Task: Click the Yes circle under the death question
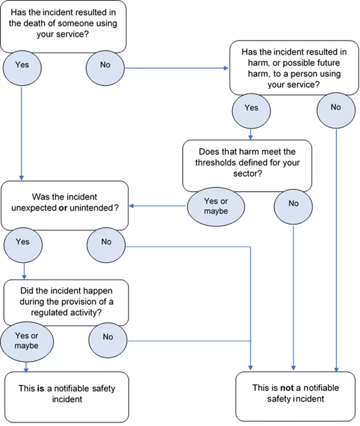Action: point(22,66)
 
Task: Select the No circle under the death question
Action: point(105,66)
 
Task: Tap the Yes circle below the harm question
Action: point(251,108)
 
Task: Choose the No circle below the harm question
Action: point(336,108)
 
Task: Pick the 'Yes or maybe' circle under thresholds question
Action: point(216,206)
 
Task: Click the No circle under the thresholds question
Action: point(294,204)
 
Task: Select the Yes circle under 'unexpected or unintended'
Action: point(22,243)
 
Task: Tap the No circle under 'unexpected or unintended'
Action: point(106,243)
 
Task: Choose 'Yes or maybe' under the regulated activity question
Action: point(26,340)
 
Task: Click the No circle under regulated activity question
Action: point(108,338)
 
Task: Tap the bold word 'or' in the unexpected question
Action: point(64,208)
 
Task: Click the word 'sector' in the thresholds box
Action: point(247,173)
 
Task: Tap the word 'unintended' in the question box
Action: point(94,208)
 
